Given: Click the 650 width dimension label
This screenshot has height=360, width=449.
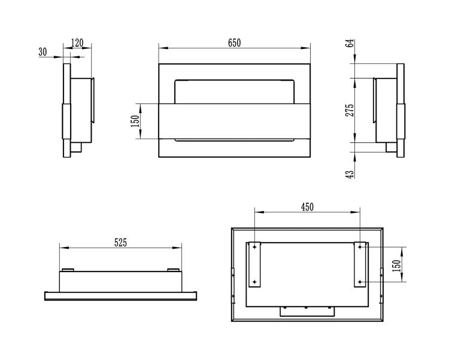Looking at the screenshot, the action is click(x=234, y=43).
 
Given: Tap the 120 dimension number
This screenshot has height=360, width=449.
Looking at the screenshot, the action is click(x=77, y=43).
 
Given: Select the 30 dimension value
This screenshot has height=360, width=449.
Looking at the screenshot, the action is click(x=43, y=52).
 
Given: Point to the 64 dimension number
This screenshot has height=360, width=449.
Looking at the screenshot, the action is click(x=350, y=43).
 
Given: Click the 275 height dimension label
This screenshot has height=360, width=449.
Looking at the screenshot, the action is click(x=350, y=110).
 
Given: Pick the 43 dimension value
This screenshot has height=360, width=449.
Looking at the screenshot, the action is click(x=350, y=175).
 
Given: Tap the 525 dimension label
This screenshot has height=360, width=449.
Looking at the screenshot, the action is click(x=120, y=242).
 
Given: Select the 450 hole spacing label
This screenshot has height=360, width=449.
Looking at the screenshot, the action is click(x=307, y=207).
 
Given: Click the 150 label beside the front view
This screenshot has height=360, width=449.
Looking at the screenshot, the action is click(x=135, y=121).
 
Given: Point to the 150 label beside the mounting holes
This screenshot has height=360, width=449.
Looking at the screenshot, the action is click(x=397, y=266).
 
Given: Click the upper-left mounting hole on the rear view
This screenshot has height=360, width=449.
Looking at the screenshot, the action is click(x=254, y=246).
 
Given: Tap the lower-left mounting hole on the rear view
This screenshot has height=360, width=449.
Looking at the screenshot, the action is click(x=254, y=282).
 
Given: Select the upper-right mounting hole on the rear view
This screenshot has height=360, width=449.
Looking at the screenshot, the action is click(x=360, y=246).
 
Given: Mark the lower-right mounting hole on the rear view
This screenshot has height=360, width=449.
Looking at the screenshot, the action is click(x=360, y=282).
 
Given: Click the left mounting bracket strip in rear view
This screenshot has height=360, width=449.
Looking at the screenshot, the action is click(x=254, y=264).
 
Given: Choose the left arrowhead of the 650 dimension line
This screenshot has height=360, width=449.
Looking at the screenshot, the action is click(x=163, y=48).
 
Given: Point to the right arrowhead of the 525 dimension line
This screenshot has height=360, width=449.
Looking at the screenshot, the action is click(x=178, y=248).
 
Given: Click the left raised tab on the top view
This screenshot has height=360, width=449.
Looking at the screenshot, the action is click(x=68, y=270).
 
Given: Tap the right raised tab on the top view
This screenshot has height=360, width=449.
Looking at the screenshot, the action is click(x=173, y=270).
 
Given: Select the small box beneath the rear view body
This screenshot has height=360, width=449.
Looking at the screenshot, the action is click(x=307, y=312).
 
